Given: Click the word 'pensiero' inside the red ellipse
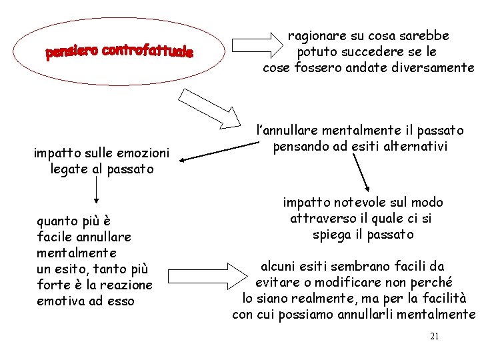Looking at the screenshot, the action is [71, 53].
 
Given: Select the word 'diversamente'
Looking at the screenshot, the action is [437, 67].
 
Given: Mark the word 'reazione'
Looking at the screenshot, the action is [128, 285].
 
